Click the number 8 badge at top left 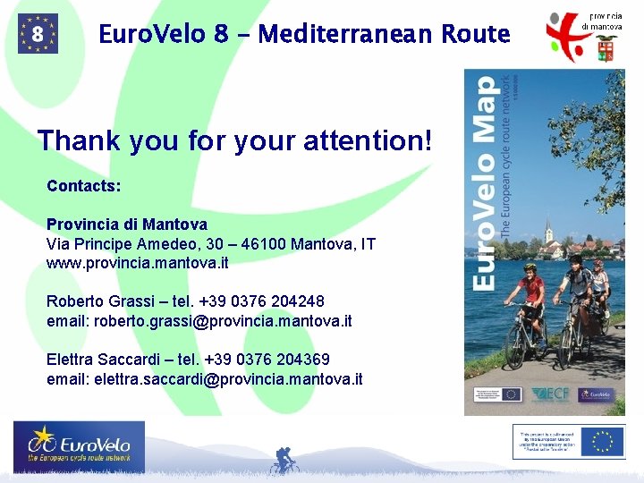pos(38,34)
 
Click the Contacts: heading pos(84,186)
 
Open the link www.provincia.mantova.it pos(138,263)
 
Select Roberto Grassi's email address pos(239,320)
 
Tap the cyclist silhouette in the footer pos(284,461)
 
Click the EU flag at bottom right pos(603,442)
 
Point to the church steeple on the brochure pos(548,234)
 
